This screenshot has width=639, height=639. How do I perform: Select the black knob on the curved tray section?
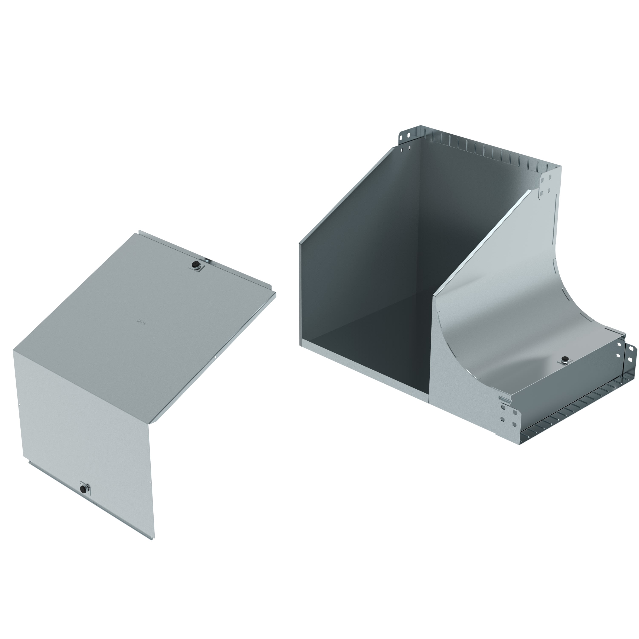(564, 360)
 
